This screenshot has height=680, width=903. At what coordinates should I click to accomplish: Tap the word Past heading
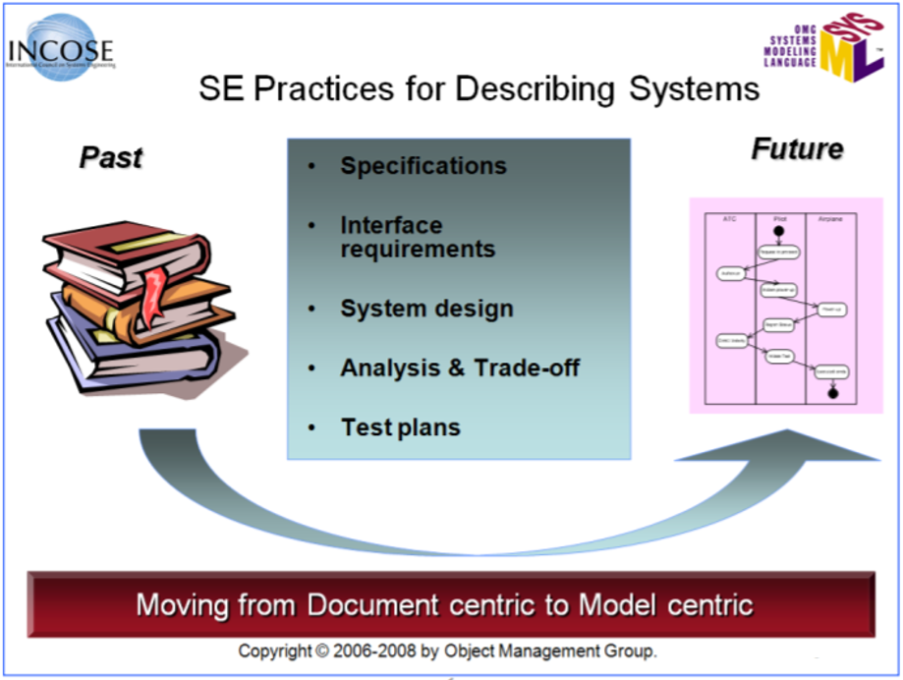pyautogui.click(x=110, y=157)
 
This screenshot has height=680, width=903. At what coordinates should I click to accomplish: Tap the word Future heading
pyautogui.click(x=797, y=149)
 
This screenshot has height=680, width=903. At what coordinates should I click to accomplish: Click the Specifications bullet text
pyautogui.click(x=423, y=165)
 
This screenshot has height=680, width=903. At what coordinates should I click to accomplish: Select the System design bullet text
pyautogui.click(x=426, y=309)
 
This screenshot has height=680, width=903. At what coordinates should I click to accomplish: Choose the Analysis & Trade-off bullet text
pyautogui.click(x=460, y=368)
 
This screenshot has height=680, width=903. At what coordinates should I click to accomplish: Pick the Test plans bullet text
pyautogui.click(x=401, y=427)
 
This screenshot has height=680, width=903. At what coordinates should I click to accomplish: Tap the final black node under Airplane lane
pyautogui.click(x=831, y=393)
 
